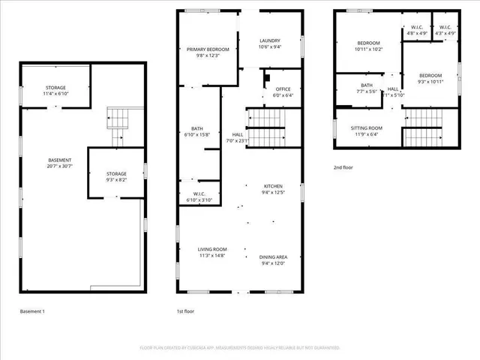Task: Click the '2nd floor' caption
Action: coord(343,168)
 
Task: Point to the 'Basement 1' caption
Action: coord(32,311)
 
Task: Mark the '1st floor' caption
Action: coord(186,311)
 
